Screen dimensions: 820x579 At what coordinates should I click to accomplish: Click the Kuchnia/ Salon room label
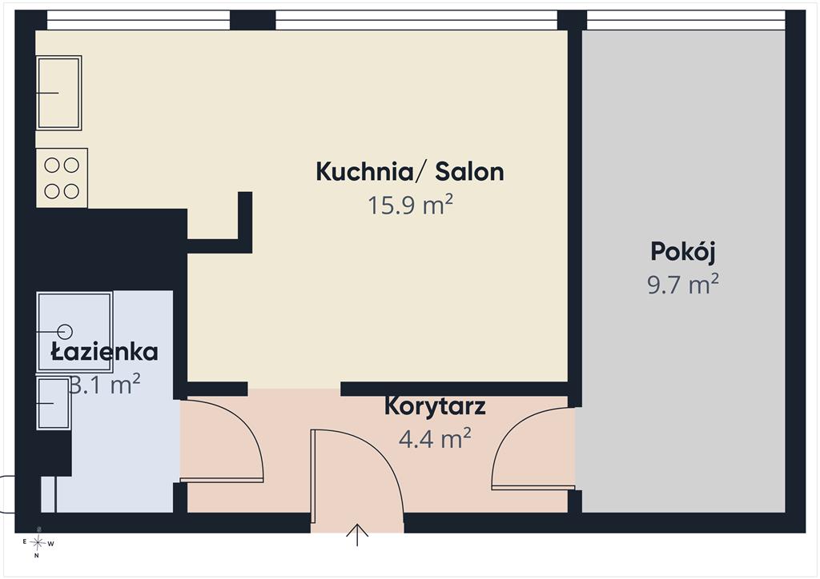tap(410, 172)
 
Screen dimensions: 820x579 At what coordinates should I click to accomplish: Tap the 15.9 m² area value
tap(410, 205)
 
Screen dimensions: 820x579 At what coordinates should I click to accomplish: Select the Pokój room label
tap(682, 252)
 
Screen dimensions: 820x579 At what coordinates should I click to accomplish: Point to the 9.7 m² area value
tap(682, 285)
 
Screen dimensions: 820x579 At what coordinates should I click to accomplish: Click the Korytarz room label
tap(435, 407)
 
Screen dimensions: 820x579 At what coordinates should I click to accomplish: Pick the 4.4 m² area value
tap(435, 438)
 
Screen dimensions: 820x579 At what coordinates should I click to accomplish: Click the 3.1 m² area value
tap(105, 385)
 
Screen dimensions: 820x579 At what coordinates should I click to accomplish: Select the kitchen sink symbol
tap(58, 93)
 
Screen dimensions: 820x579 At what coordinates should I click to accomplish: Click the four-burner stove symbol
tap(62, 178)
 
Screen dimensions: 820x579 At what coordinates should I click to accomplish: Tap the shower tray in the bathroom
tap(74, 332)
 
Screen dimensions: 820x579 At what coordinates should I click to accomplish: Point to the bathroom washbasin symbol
tap(54, 403)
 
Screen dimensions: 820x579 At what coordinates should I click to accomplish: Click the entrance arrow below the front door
tap(357, 535)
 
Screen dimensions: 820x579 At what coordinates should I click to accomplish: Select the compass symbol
tap(38, 543)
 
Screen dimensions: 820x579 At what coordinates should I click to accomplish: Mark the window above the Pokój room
tap(685, 20)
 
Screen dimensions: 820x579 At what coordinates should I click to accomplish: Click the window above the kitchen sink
tap(139, 20)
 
